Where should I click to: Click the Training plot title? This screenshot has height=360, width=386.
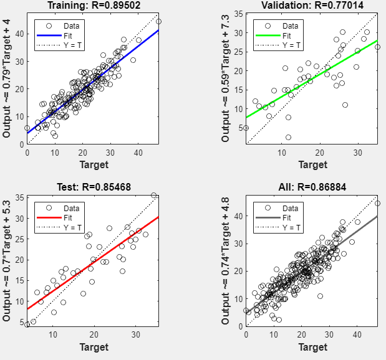[92, 6]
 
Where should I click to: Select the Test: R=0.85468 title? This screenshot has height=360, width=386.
[92, 186]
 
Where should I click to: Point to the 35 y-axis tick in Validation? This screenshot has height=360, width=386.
[238, 13]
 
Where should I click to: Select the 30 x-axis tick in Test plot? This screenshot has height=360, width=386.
[137, 333]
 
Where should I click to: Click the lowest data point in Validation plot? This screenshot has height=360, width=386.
[288, 137]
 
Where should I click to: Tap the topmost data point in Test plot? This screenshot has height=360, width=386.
[153, 196]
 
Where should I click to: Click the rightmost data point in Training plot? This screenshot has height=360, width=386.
[158, 21]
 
